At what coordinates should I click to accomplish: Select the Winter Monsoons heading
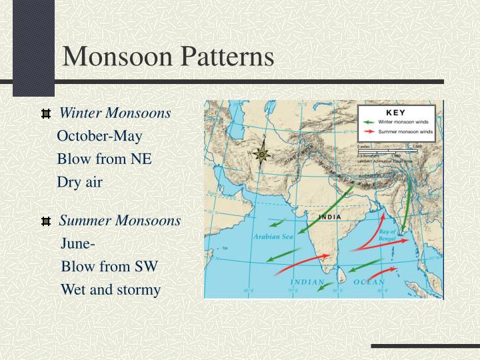[x=115, y=113]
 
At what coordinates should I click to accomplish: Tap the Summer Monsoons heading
[x=120, y=220]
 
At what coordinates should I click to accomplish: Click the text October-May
[x=99, y=136]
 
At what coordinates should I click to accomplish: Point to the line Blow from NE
[x=104, y=159]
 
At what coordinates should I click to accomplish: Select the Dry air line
[x=79, y=181]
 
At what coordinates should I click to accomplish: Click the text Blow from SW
[x=109, y=267]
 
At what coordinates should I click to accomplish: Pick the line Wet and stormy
[x=111, y=289]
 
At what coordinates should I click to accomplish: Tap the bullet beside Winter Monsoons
[x=46, y=114]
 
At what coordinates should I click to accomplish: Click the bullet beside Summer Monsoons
[x=46, y=221]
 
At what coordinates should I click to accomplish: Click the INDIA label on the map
[x=330, y=217]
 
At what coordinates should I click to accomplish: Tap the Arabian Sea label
[x=273, y=237]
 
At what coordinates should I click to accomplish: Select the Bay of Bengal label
[x=387, y=233]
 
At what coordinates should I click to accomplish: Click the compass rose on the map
[x=263, y=154]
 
